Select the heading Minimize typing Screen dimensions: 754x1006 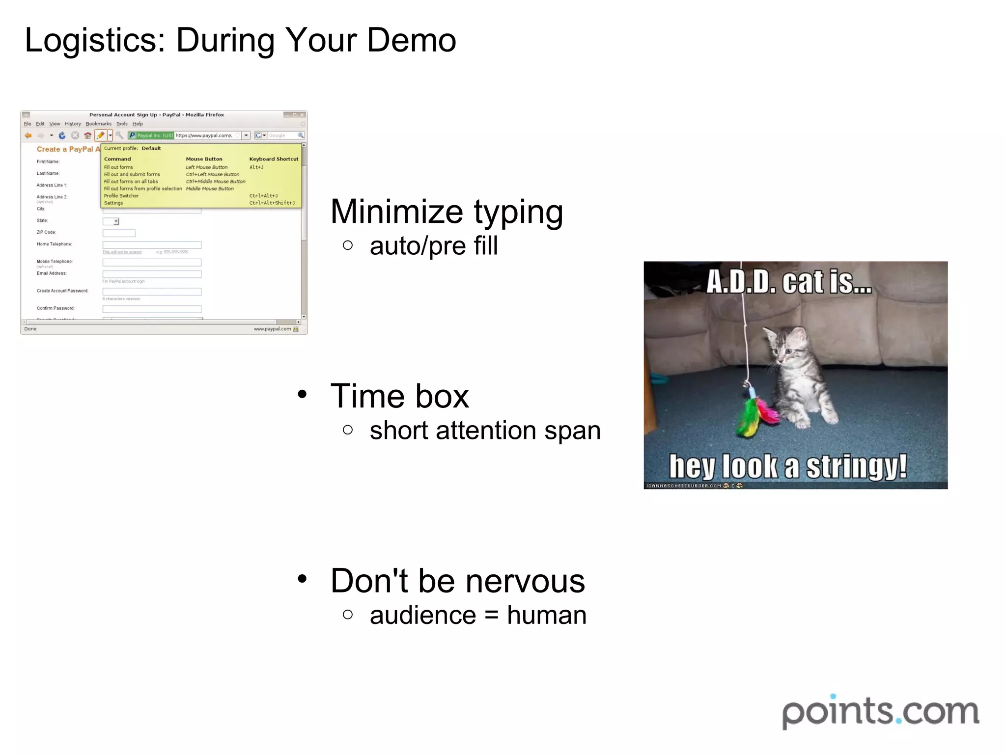pyautogui.click(x=447, y=212)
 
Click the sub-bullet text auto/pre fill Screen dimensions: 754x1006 pyautogui.click(x=434, y=245)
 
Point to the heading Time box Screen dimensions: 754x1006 pyautogui.click(x=400, y=396)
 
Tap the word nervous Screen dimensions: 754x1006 pyautogui.click(x=525, y=581)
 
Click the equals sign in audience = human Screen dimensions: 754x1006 pyautogui.click(x=492, y=616)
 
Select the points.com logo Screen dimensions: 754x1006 pyautogui.click(x=880, y=711)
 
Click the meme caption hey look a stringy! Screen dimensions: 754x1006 pyautogui.click(x=788, y=466)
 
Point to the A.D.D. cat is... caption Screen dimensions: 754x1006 pyautogui.click(x=789, y=282)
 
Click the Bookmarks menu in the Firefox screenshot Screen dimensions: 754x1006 pyautogui.click(x=99, y=124)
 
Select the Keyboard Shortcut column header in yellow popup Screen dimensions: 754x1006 pyautogui.click(x=274, y=159)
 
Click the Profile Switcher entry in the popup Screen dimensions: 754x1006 pyautogui.click(x=121, y=196)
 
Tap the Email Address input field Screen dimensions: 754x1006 pyautogui.click(x=152, y=274)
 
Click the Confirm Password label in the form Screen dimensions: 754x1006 pyautogui.click(x=56, y=308)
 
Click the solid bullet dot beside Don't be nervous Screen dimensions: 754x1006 pyautogui.click(x=302, y=578)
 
